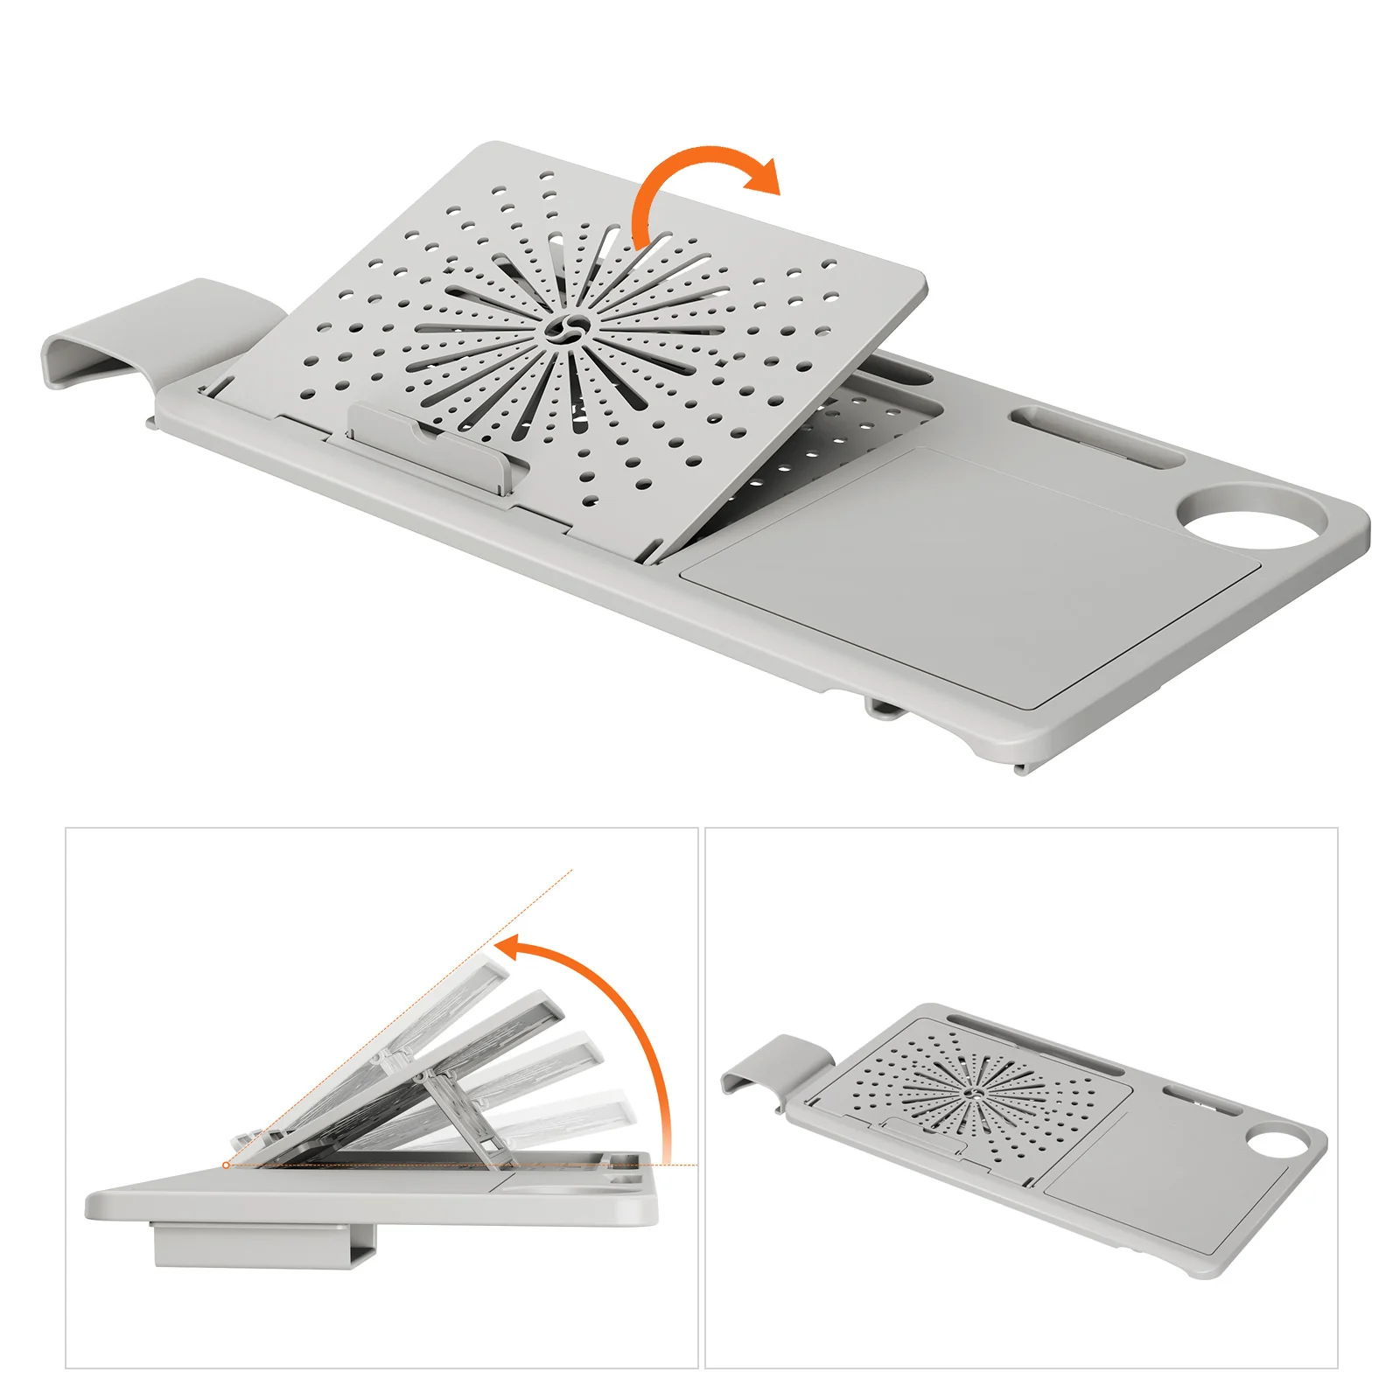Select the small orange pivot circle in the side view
click(x=227, y=1165)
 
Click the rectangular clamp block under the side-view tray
click(x=262, y=1244)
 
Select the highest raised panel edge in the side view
click(x=490, y=962)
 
